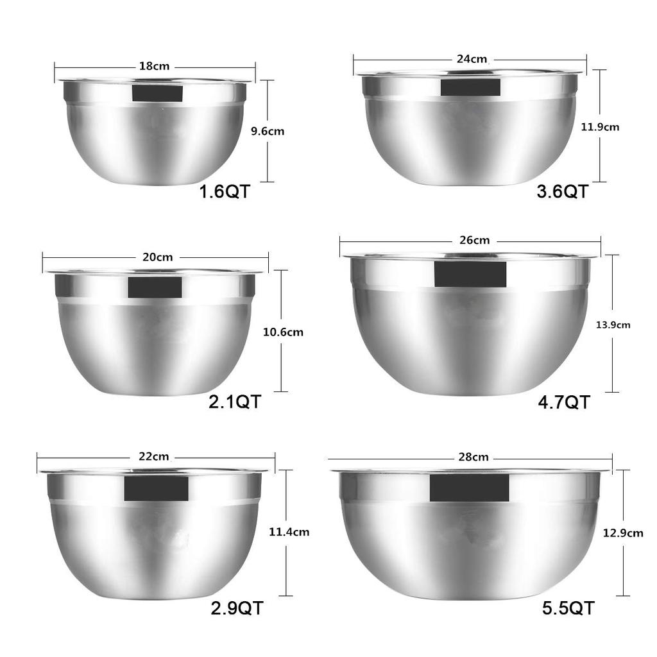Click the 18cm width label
154,65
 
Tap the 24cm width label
472,59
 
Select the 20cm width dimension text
158,257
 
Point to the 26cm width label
474,241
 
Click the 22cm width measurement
154,457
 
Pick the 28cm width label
474,457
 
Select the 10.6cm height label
283,332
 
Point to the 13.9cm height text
613,325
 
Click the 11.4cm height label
289,531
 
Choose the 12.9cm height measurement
623,533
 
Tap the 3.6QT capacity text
562,191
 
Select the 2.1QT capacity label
235,402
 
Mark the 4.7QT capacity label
563,402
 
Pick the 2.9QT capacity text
237,608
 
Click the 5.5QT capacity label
568,608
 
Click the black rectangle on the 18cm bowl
157,92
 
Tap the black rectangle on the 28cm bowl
469,488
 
